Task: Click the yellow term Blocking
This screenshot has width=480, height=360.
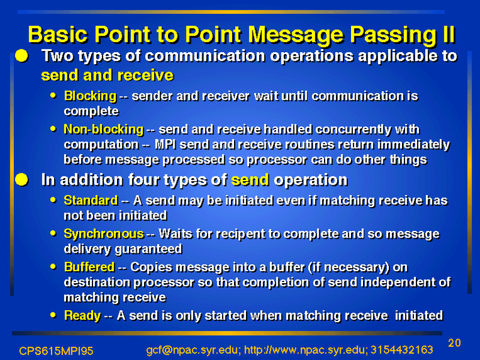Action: (x=91, y=97)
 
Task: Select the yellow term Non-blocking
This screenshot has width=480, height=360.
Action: (x=103, y=130)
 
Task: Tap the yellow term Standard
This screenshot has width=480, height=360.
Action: (x=91, y=200)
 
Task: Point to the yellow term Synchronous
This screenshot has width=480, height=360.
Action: (x=104, y=234)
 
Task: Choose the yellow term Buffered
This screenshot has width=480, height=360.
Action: (x=89, y=267)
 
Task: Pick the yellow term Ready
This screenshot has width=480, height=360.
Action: (x=82, y=316)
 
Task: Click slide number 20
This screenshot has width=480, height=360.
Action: (x=454, y=343)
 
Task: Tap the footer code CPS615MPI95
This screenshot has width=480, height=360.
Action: (x=56, y=351)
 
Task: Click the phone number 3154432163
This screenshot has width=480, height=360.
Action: (x=402, y=350)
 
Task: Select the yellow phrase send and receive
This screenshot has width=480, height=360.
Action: (x=107, y=76)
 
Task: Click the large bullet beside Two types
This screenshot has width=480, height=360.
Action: (x=22, y=56)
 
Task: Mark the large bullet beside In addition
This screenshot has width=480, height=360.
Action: (x=22, y=179)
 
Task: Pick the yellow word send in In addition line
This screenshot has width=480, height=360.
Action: (x=250, y=180)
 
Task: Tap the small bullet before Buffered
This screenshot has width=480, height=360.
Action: (x=53, y=266)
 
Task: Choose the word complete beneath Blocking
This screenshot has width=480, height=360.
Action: (x=91, y=112)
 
